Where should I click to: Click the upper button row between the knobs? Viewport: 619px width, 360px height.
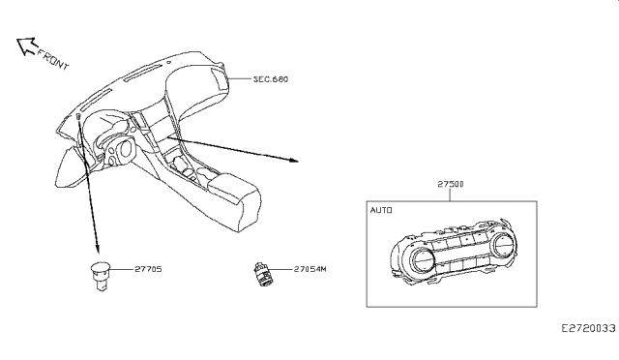[x=462, y=238]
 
